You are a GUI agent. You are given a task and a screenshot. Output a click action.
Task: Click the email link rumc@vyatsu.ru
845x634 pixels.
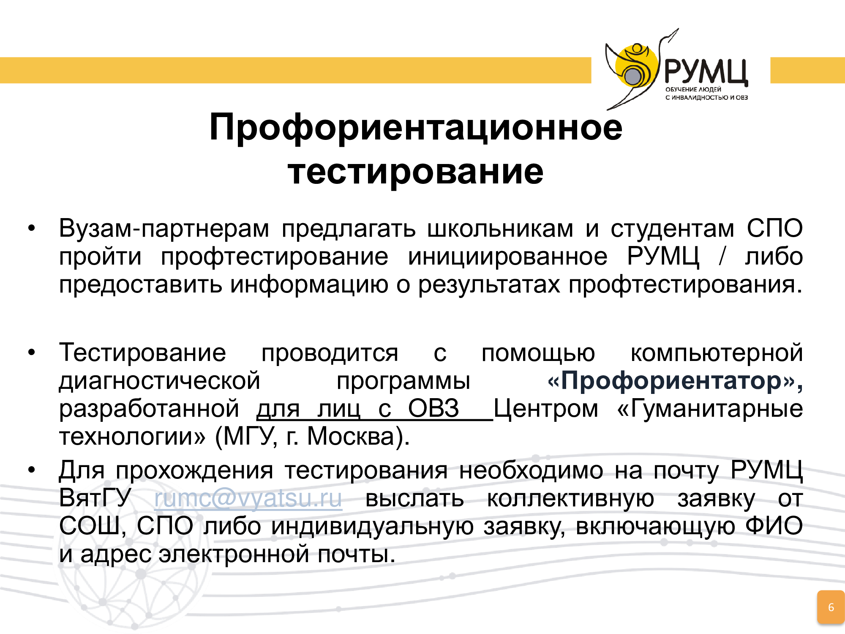click(x=248, y=498)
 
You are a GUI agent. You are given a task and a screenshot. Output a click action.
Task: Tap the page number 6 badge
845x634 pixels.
click(x=831, y=607)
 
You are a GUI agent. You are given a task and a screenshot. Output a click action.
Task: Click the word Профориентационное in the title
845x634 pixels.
click(x=416, y=127)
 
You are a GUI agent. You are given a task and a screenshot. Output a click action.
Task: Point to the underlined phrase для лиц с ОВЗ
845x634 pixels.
click(x=357, y=409)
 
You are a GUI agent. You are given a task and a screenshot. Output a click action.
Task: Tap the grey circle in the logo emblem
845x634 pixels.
click(x=633, y=77)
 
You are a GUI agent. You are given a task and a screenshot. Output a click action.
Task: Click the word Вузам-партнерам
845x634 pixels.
click(x=164, y=229)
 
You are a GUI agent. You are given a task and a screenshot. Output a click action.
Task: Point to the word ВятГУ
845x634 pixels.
click(x=95, y=498)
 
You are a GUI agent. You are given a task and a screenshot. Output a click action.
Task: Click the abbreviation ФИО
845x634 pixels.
click(x=774, y=526)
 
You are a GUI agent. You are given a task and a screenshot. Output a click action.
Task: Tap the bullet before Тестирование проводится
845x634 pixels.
click(x=32, y=353)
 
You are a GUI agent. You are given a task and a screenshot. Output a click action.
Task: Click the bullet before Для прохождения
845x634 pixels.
click(x=32, y=470)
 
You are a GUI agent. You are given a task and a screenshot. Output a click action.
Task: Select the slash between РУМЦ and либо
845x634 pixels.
click(x=722, y=257)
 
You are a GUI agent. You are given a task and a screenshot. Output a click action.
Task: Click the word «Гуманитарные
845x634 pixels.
click(x=710, y=409)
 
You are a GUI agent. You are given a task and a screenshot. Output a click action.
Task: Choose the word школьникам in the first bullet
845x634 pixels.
click(x=500, y=229)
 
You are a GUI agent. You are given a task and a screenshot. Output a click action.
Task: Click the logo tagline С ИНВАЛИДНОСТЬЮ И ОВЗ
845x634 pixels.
click(x=706, y=98)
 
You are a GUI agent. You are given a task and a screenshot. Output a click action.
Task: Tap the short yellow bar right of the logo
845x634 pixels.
click(x=807, y=70)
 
